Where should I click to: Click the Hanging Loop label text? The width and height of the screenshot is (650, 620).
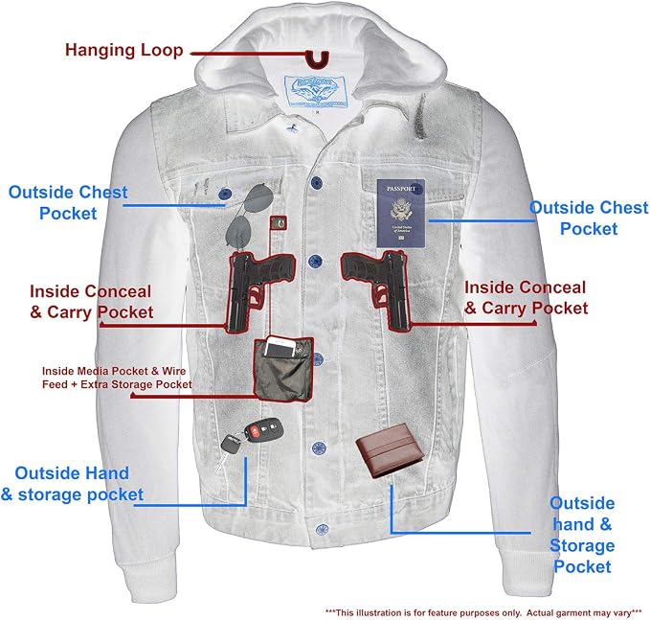[123, 50]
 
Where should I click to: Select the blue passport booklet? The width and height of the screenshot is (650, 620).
[401, 214]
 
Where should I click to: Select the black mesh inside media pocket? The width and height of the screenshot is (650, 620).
[283, 369]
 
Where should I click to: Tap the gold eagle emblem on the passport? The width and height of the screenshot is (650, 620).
[400, 210]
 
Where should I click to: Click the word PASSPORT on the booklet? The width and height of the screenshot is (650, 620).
[401, 189]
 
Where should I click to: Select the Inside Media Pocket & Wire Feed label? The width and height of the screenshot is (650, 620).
[117, 378]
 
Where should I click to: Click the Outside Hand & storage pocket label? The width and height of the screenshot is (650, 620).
[72, 484]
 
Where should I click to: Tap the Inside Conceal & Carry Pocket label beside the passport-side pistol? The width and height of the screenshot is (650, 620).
[526, 298]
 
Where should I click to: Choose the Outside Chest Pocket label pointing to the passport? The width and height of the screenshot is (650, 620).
[589, 218]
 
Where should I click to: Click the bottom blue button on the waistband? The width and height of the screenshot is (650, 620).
[322, 530]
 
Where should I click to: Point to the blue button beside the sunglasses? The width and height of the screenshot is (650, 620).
[225, 194]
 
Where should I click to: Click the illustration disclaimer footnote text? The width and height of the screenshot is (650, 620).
[483, 612]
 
